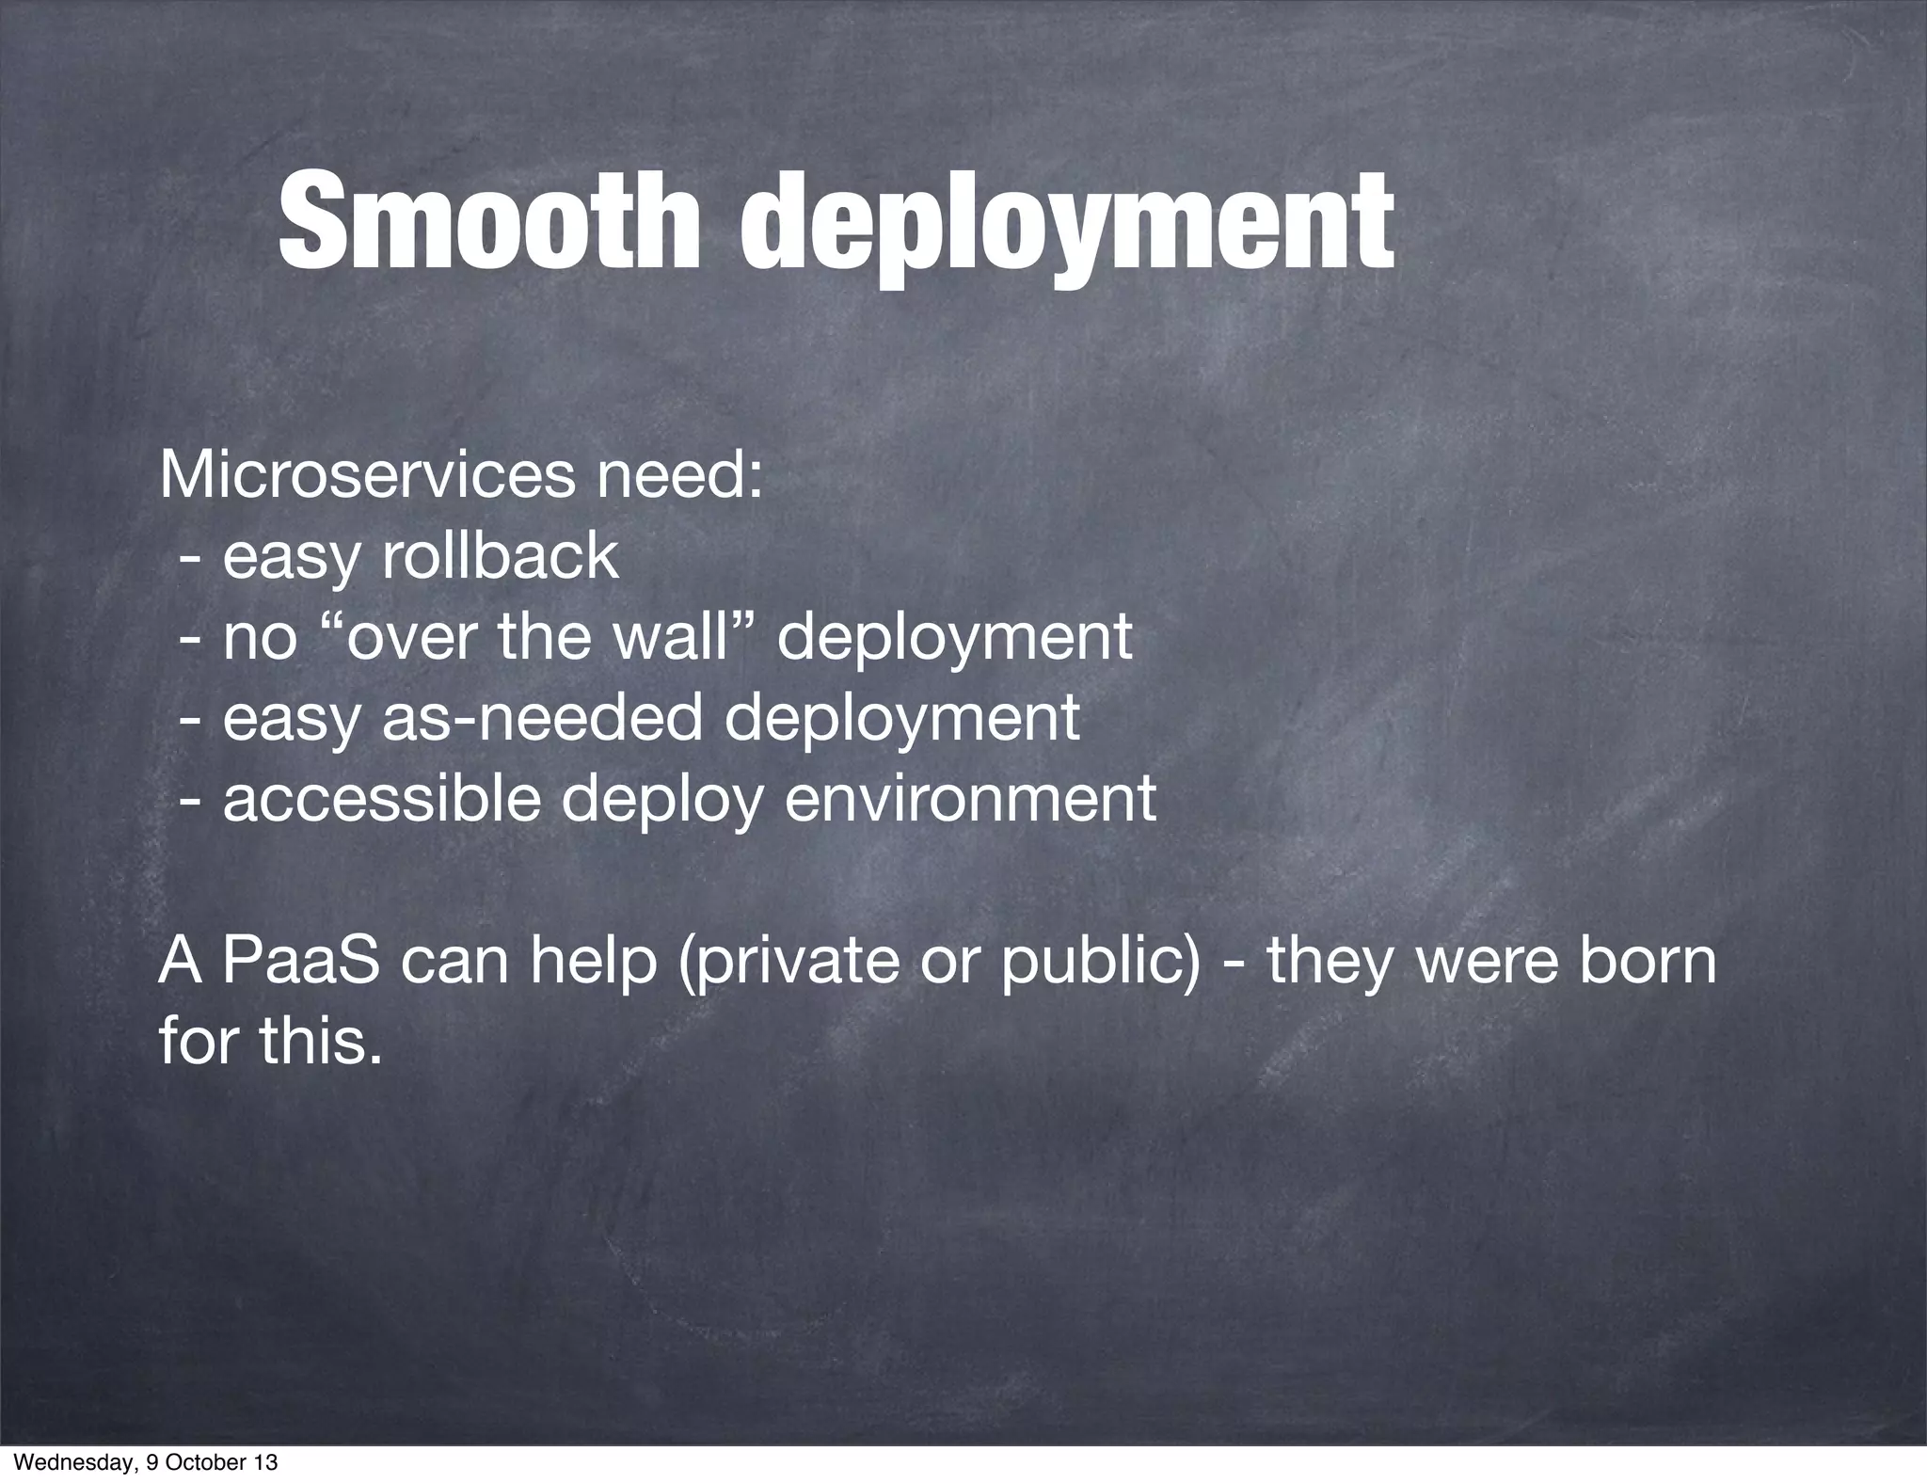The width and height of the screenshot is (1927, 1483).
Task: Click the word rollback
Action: [x=500, y=556]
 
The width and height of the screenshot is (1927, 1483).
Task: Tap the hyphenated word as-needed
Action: [x=542, y=718]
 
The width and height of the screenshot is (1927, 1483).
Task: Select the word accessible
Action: [x=382, y=799]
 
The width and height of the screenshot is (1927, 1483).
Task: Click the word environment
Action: [x=970, y=799]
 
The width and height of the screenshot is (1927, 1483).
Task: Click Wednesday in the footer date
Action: [x=62, y=1463]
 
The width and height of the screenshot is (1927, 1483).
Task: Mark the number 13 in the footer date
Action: [x=266, y=1463]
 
